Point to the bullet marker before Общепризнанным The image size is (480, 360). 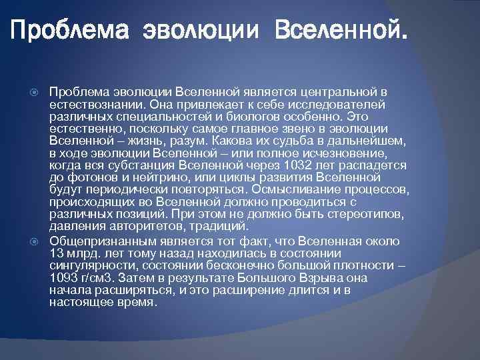tap(37, 241)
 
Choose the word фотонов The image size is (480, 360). tap(88, 177)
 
